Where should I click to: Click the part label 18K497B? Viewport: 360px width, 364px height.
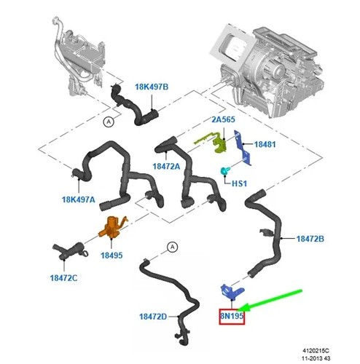(x=152, y=87)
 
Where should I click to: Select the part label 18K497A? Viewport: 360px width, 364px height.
(x=79, y=199)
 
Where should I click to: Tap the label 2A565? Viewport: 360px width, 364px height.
(x=223, y=119)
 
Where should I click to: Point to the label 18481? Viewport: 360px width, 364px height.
(x=265, y=144)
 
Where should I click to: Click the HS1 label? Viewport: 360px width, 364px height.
(x=239, y=183)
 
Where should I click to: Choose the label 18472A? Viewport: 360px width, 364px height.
(x=166, y=166)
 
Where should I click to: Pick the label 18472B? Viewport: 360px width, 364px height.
(x=310, y=239)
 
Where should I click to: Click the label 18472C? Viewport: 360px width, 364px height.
(x=63, y=278)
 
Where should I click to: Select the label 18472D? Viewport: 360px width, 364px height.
(x=153, y=317)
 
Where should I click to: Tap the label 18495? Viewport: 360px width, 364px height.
(x=111, y=256)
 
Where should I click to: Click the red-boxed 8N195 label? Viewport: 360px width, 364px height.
(x=232, y=316)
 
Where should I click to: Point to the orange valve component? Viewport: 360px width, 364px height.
(x=111, y=228)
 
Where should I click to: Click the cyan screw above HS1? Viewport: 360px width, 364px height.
(x=224, y=171)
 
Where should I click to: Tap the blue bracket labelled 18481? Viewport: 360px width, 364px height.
(x=242, y=148)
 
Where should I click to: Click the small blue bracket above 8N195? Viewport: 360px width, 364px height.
(x=231, y=290)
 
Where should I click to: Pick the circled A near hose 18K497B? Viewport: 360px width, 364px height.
(x=109, y=122)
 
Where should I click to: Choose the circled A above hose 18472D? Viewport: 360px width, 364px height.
(x=173, y=247)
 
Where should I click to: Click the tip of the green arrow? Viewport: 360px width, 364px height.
(x=237, y=309)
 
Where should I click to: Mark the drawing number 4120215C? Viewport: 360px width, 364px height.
(x=316, y=350)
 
